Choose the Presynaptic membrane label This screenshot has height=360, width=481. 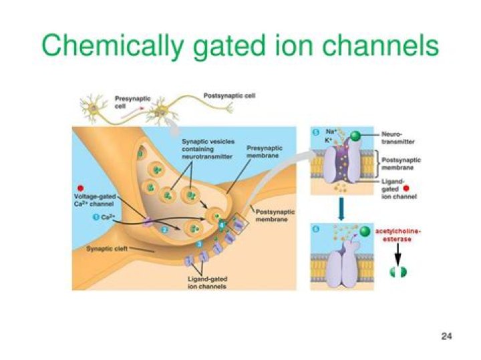click(265, 152)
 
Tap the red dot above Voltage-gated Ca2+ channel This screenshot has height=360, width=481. click(82, 189)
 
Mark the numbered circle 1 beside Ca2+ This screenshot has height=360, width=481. click(96, 218)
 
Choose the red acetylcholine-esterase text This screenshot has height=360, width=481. click(402, 234)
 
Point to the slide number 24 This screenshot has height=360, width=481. click(447, 335)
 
